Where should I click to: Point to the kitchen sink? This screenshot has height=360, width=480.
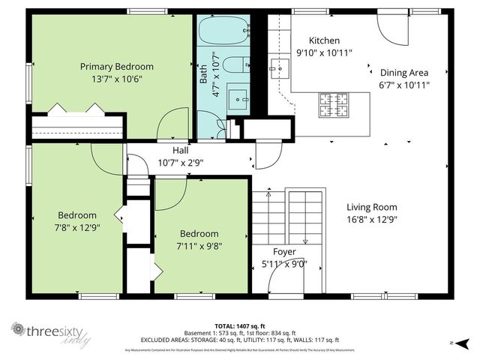(280, 68)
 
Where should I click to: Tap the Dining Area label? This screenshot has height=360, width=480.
(403, 73)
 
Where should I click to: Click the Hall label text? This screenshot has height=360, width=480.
(180, 149)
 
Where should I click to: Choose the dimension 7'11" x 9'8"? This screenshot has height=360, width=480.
(199, 245)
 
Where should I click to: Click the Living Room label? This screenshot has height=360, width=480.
(372, 207)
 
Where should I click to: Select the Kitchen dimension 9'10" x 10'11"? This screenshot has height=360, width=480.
(324, 52)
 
